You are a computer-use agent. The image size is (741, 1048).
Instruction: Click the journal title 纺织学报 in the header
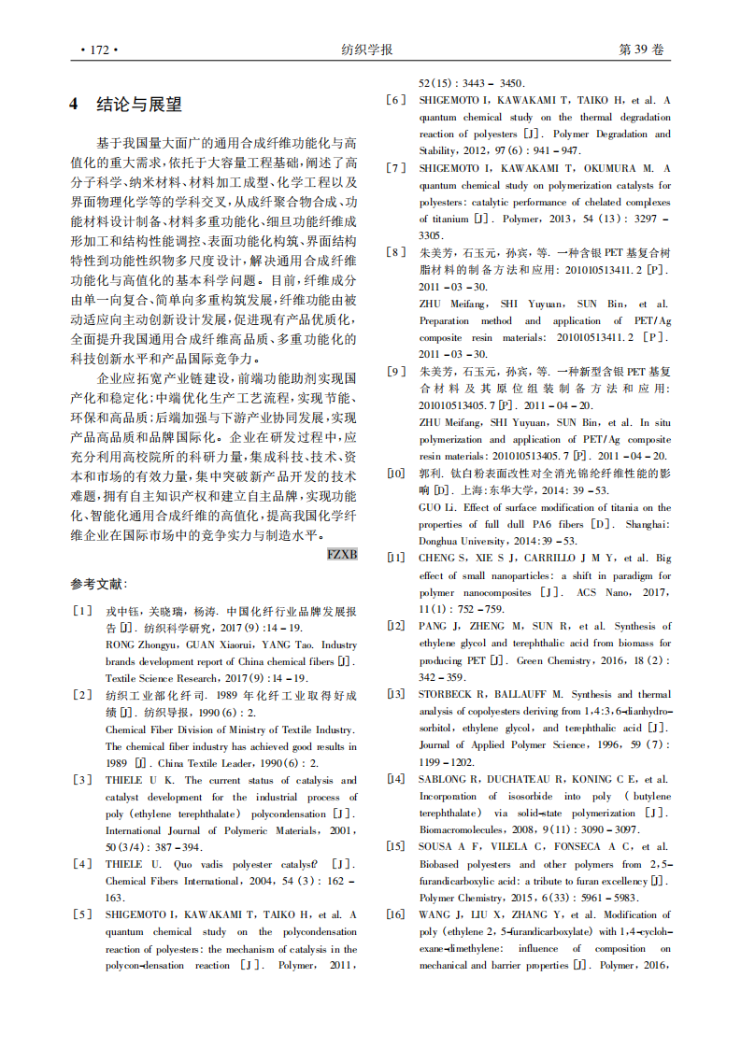(367, 50)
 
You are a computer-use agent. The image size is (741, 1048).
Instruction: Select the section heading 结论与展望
(139, 105)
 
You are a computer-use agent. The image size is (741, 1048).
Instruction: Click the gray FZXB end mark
(342, 554)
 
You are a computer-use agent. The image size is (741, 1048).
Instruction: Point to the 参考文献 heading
(97, 584)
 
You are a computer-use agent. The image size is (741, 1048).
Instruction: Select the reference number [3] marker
(82, 780)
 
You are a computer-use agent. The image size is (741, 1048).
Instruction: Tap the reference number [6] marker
(396, 100)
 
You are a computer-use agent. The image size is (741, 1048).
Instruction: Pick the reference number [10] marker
(396, 474)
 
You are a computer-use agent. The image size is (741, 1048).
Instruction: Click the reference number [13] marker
(396, 694)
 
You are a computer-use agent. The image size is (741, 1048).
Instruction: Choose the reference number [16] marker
(396, 914)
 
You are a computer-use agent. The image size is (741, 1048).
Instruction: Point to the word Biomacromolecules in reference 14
(461, 829)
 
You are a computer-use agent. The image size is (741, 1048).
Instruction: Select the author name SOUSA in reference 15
(435, 847)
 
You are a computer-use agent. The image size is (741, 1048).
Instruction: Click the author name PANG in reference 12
(432, 626)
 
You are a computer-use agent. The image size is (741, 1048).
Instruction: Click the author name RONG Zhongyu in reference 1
(141, 644)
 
